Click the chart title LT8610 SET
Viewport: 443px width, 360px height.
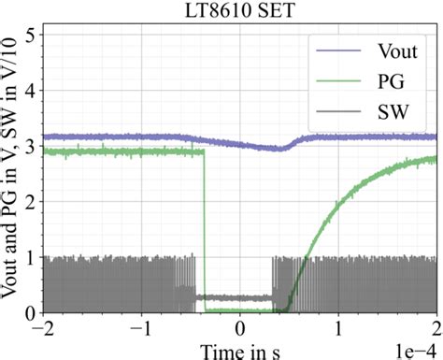tap(240, 10)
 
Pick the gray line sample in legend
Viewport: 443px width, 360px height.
tap(334, 114)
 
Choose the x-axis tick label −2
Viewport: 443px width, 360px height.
tap(43, 329)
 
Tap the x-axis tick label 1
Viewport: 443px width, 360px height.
tap(338, 329)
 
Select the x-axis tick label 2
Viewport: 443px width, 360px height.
tap(436, 329)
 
